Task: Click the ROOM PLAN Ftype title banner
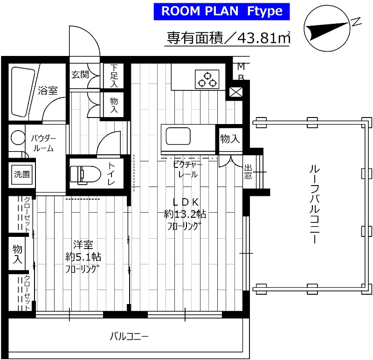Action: pos(222,11)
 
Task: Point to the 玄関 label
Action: pos(79,75)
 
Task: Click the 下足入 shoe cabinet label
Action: pos(114,76)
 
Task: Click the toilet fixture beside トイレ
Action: pos(84,173)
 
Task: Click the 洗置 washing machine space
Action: pos(21,175)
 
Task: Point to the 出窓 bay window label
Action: pos(248,172)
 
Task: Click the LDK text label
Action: pos(186,202)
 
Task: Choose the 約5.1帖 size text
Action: pos(83,256)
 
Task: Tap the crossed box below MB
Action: pos(236,92)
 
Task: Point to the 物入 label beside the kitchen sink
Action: pos(230,138)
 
